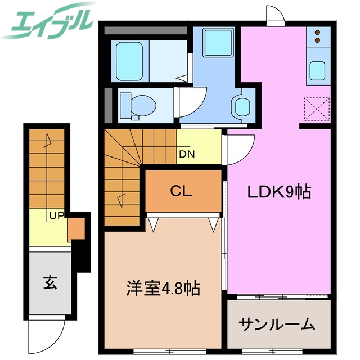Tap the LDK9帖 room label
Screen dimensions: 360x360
[x=280, y=192]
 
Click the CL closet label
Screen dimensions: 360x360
[x=181, y=191]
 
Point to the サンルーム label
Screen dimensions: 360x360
[x=276, y=325]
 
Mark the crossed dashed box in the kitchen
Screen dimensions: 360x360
[x=316, y=109]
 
